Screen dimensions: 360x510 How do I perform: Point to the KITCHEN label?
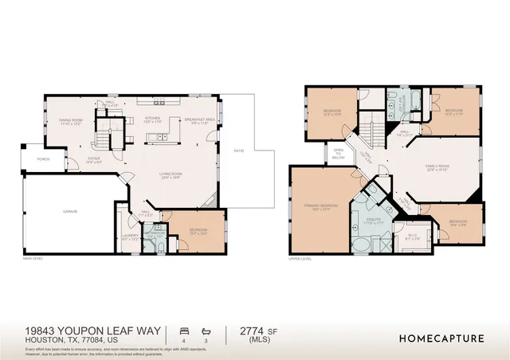point(153,119)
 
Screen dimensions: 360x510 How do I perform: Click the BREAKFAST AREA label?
point(200,120)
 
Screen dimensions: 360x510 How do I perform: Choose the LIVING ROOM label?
point(172,175)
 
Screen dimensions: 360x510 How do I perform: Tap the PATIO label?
point(238,151)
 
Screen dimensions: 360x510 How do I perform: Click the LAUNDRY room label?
point(130,237)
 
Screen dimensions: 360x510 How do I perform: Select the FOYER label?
point(94,159)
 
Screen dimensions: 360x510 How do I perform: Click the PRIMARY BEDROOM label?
point(321,205)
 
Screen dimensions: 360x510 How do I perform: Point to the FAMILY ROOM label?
point(437,166)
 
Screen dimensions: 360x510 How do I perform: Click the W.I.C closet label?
point(411,235)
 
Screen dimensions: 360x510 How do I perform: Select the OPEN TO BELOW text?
point(338,154)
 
